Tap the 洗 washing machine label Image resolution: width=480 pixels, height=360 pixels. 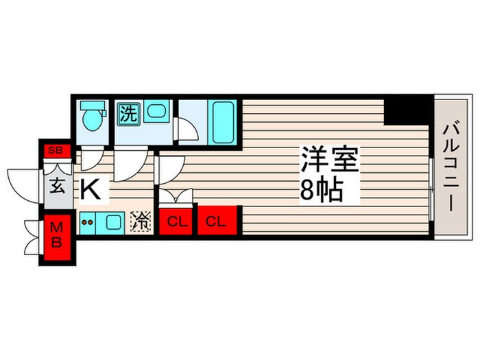pyautogui.click(x=126, y=112)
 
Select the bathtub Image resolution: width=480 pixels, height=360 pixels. pyautogui.click(x=223, y=121)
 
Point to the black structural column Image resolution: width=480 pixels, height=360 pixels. pyautogui.click(x=408, y=110)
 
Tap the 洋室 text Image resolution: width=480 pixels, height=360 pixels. pyautogui.click(x=329, y=163)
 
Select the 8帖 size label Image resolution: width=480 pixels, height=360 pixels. pyautogui.click(x=321, y=191)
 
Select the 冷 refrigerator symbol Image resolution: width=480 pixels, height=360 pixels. pyautogui.click(x=141, y=221)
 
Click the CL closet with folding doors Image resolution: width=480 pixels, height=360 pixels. pyautogui.click(x=177, y=221)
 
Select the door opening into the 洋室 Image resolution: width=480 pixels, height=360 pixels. pyautogui.click(x=169, y=168)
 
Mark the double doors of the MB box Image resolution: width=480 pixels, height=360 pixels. pyautogui.click(x=31, y=237)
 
